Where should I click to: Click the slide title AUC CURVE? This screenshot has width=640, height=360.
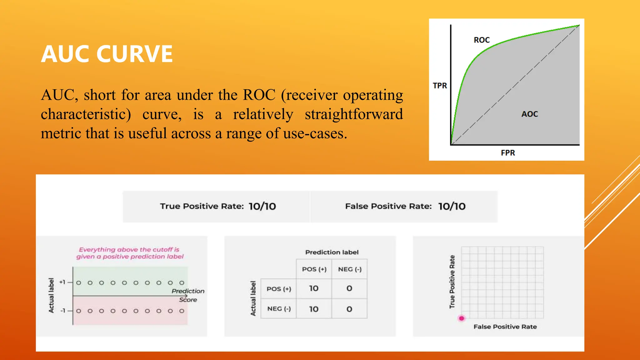pos(107,54)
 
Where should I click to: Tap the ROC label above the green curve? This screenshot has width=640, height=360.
pos(482,40)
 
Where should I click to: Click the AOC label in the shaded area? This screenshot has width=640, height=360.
pos(529,114)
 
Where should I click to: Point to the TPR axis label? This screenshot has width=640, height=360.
pos(440,86)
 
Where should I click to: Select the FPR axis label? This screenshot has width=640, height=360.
pos(508,153)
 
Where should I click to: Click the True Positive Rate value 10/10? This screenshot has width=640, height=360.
pos(262,206)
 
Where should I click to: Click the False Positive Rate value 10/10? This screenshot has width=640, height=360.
pos(452,206)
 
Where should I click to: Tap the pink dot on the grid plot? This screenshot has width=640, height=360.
pos(462,318)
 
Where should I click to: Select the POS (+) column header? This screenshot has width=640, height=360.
pos(314,269)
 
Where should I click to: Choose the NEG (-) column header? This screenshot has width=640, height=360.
pos(350,269)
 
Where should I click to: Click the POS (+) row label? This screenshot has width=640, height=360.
pos(279,289)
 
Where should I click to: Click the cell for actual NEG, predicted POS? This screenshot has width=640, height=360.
pos(314,309)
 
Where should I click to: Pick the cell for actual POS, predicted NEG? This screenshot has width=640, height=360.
pos(349,288)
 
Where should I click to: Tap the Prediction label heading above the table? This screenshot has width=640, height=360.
pos(332,252)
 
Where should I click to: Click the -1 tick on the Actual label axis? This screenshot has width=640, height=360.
pos(63,311)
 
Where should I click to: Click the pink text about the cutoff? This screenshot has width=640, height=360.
pos(130,253)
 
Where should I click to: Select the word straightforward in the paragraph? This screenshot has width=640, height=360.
pos(354,114)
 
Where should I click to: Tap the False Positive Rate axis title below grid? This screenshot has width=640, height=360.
pos(505,327)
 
